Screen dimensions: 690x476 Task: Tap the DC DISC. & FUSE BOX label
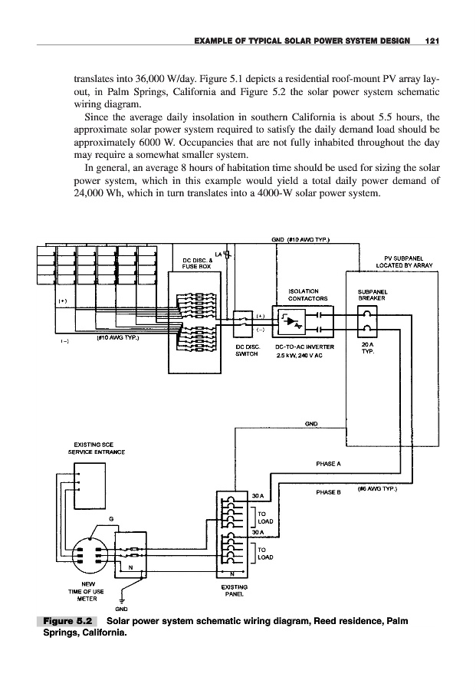click(197, 262)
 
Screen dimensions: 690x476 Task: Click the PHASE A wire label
click(328, 464)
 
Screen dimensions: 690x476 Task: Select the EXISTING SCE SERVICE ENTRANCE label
click(84, 449)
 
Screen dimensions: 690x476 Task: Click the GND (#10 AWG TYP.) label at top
click(301, 238)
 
